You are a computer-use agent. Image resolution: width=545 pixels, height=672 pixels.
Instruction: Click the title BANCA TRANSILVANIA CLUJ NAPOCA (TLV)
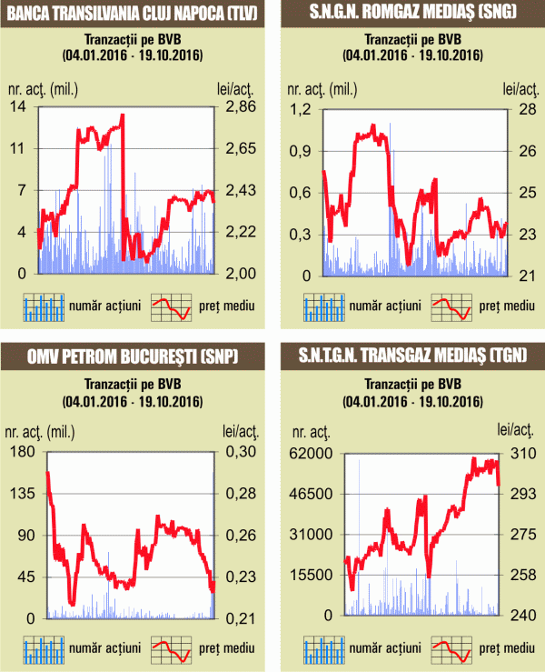[x=133, y=13]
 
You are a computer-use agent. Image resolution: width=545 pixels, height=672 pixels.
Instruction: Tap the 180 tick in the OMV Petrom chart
[x=21, y=452]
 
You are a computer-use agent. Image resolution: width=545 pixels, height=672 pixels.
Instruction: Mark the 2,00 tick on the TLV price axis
[x=242, y=274]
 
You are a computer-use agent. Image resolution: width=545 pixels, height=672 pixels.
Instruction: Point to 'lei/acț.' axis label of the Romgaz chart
[x=520, y=88]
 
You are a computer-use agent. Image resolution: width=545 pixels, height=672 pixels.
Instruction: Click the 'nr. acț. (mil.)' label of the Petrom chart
[x=45, y=431]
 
